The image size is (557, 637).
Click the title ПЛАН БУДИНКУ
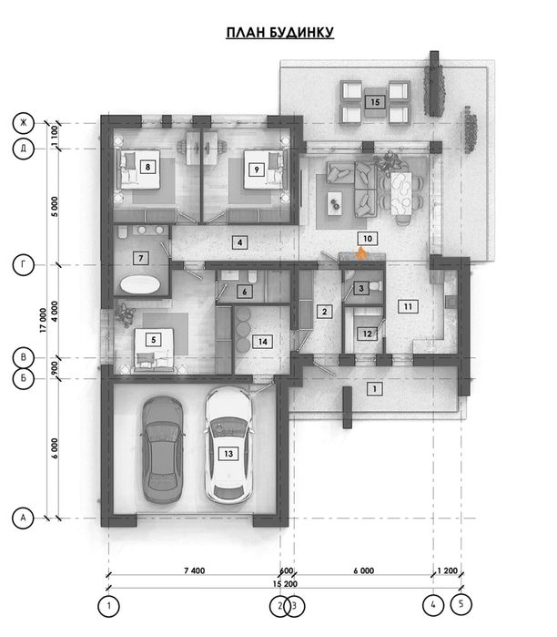tap(280, 33)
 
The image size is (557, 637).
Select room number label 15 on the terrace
tap(375, 102)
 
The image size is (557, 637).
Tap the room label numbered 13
tap(228, 454)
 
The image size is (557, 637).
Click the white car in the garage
tap(228, 446)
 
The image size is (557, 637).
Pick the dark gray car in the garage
tap(163, 449)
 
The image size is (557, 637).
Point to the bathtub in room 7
tap(140, 284)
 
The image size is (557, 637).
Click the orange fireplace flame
tap(360, 254)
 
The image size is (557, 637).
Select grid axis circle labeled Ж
tap(23, 122)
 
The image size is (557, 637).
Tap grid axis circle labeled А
tap(23, 518)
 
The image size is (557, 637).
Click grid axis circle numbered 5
tap(461, 603)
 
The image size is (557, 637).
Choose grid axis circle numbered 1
tap(108, 606)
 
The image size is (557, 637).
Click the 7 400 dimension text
tap(195, 570)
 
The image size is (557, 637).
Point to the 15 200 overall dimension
tap(285, 584)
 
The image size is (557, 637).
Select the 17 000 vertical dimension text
tap(43, 321)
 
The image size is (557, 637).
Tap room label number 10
tap(368, 239)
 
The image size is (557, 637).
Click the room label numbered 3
tap(361, 289)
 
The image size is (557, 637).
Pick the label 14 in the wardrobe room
tap(263, 342)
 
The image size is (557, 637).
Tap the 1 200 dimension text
tap(447, 570)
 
